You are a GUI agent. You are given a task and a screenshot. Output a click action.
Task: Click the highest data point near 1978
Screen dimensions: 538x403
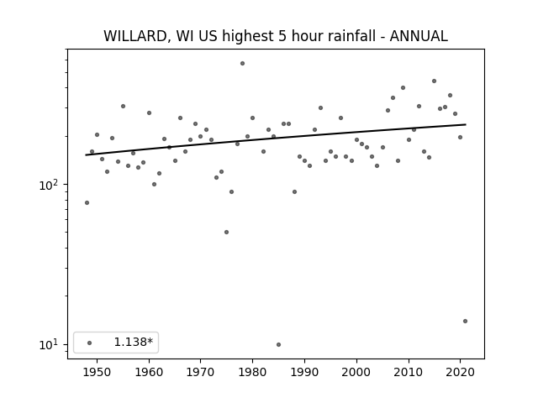click(x=242, y=64)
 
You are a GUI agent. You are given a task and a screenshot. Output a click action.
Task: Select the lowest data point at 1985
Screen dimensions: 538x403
click(x=278, y=344)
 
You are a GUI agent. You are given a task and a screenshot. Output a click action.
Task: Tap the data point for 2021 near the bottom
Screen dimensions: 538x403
click(x=465, y=321)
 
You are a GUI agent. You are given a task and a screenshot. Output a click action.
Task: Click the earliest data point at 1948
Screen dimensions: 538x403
click(x=87, y=203)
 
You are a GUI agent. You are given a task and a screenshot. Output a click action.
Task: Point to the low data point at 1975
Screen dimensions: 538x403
click(x=226, y=232)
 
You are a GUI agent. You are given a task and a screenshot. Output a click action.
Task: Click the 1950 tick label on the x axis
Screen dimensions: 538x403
click(x=98, y=372)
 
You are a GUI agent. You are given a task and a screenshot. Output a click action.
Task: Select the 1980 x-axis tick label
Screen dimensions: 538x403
click(x=252, y=372)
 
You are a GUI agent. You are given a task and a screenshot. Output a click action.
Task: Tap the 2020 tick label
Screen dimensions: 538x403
click(x=460, y=372)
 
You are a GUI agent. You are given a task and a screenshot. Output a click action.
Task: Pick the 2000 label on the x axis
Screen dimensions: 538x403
click(x=356, y=372)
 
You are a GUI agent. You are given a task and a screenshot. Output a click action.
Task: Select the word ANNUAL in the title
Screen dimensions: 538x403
click(x=419, y=36)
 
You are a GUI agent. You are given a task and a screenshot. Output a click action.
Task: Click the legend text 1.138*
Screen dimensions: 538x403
click(x=133, y=342)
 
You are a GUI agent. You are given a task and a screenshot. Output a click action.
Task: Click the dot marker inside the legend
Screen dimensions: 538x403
click(x=90, y=343)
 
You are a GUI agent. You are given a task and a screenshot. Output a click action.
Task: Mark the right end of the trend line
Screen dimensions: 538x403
click(x=466, y=124)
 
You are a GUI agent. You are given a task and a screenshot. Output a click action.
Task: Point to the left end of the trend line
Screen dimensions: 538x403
click(x=86, y=154)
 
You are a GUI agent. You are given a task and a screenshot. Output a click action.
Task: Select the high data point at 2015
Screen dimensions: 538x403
click(x=434, y=81)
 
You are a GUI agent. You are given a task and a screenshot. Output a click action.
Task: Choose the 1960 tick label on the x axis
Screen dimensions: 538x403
click(x=149, y=372)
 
